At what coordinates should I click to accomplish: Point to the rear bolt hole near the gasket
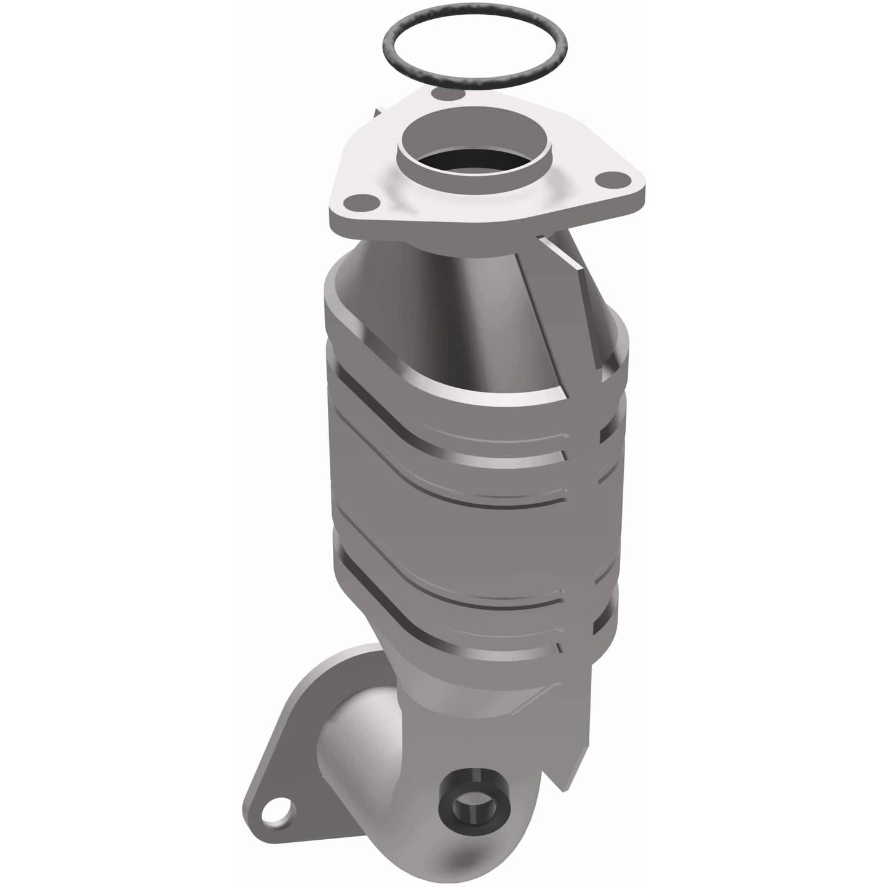(441, 94)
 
